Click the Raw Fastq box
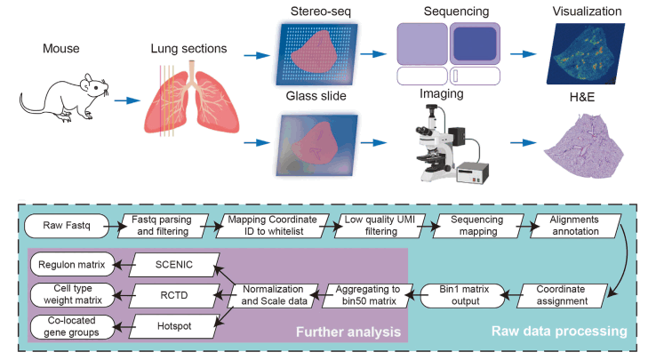pos(62,226)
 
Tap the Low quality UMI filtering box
pos(375,226)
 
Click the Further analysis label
pos(348,333)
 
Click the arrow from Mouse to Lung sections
pos(126,100)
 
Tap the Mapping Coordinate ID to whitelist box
pos(266,226)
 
